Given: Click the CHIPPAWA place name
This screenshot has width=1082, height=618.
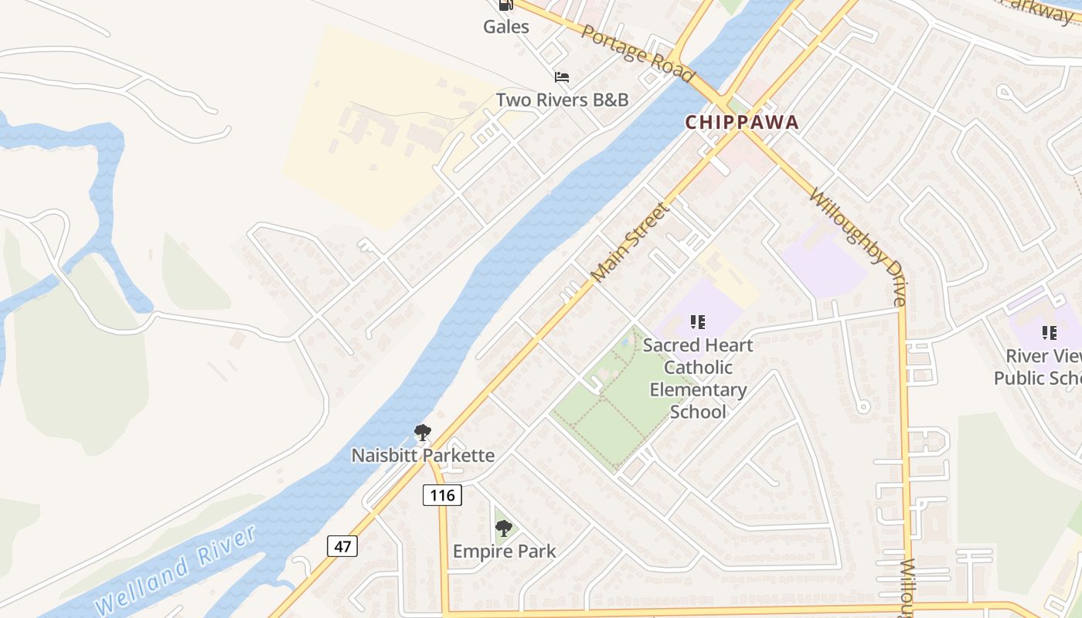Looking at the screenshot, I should point(741,122).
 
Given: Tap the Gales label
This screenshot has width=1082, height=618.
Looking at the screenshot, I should point(506,27).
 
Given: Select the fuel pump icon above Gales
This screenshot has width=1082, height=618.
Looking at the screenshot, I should point(506,5).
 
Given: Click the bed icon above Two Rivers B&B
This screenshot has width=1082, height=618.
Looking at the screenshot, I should point(562,77).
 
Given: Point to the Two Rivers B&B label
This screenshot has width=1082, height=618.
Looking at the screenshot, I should point(562,100).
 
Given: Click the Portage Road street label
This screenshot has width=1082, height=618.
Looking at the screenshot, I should point(638,53).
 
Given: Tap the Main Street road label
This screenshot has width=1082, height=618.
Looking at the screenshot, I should point(628,242).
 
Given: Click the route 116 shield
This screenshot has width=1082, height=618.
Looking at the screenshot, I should point(442,494).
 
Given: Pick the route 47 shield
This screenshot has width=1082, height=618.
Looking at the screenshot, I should point(343,546).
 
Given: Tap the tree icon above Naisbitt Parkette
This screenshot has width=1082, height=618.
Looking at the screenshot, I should point(422,433).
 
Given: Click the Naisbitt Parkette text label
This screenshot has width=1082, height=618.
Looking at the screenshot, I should point(423,455).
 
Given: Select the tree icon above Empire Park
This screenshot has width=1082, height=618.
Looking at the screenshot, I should point(504,528).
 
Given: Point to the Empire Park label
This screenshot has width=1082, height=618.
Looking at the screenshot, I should point(504,552).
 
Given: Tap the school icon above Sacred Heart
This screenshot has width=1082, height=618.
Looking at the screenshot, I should point(698,321).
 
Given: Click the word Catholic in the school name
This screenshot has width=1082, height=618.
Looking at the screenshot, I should point(698,367).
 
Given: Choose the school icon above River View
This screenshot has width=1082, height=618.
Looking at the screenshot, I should point(1049,333).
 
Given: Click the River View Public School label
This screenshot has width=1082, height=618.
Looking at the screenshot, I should point(1037,367).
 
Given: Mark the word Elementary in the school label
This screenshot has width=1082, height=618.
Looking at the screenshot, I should point(698,389).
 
